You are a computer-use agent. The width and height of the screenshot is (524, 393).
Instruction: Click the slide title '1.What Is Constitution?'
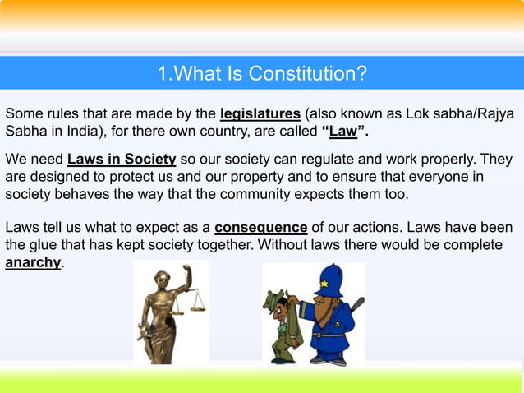tap(261, 74)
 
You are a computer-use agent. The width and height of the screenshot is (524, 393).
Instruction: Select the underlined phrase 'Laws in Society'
tap(122, 159)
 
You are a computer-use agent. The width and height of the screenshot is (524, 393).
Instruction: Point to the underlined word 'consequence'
tap(261, 227)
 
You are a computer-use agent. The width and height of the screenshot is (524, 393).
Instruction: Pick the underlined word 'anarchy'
tap(34, 263)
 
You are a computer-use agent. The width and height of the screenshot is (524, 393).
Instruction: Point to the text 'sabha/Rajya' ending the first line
tap(480, 113)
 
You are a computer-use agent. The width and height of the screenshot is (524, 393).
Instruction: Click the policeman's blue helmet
tap(330, 280)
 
